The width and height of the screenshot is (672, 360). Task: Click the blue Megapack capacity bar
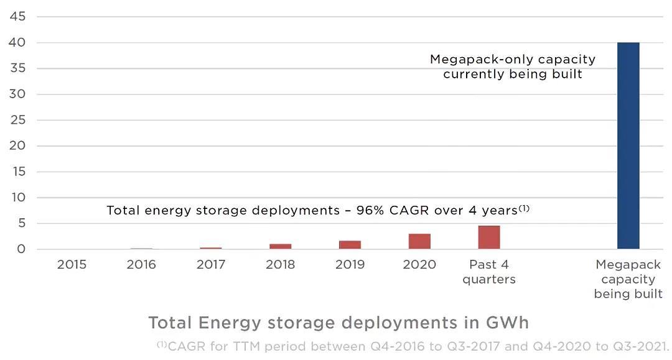(x=628, y=145)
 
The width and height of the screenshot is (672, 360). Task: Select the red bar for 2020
(x=419, y=241)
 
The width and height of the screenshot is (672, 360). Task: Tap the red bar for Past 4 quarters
(x=489, y=238)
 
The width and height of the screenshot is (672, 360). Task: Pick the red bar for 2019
(x=350, y=245)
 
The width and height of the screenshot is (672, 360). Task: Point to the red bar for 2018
(x=280, y=246)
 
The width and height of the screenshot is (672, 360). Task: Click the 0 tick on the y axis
(x=21, y=249)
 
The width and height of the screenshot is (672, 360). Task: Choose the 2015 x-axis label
(x=72, y=265)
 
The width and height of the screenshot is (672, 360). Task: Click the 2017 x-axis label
(x=211, y=265)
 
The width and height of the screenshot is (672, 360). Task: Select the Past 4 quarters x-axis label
(x=489, y=272)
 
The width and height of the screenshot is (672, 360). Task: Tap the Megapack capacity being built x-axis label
(x=628, y=279)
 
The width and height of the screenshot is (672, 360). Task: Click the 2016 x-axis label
(x=141, y=265)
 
